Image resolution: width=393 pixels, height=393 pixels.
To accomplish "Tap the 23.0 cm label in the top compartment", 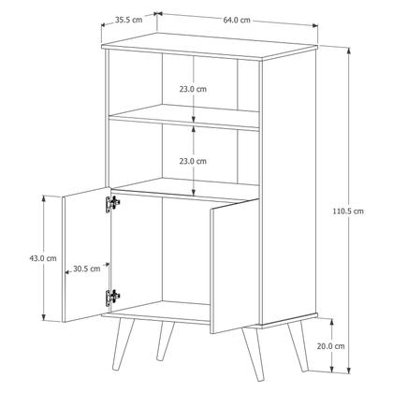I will [x=193, y=89].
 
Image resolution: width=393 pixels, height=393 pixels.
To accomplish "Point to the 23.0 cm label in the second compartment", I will [x=193, y=161].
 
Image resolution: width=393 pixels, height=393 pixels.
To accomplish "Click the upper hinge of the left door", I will [x=114, y=203].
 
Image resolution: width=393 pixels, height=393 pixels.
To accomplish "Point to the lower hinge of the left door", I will [x=114, y=297].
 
